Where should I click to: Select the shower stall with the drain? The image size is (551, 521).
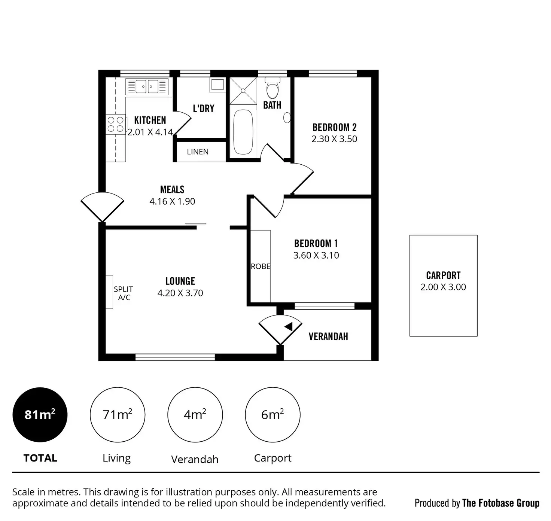tap(243, 91)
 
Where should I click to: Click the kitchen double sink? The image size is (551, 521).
tap(147, 86)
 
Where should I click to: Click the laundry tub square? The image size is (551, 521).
tap(217, 85)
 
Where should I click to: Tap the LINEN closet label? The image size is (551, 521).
tap(198, 152)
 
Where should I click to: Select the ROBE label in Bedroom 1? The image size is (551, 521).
tap(261, 266)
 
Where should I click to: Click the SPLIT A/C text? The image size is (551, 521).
tap(124, 293)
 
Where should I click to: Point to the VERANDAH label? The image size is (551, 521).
tap(328, 336)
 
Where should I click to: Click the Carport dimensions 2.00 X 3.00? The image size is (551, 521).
tap(443, 287)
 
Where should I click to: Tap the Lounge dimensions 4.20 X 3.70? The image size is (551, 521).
tap(180, 293)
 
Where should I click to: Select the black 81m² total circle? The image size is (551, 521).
tap(40, 415)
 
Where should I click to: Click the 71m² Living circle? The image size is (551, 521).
tap(118, 415)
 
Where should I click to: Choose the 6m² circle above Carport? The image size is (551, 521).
tap(273, 415)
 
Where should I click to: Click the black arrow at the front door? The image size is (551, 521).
tap(289, 326)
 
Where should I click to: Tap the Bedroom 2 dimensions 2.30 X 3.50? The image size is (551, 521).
tap(334, 139)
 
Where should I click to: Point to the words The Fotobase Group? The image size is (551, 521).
tap(501, 503)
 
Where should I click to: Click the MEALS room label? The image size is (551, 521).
tap(172, 189)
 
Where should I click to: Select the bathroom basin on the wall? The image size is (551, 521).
tap(287, 118)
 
